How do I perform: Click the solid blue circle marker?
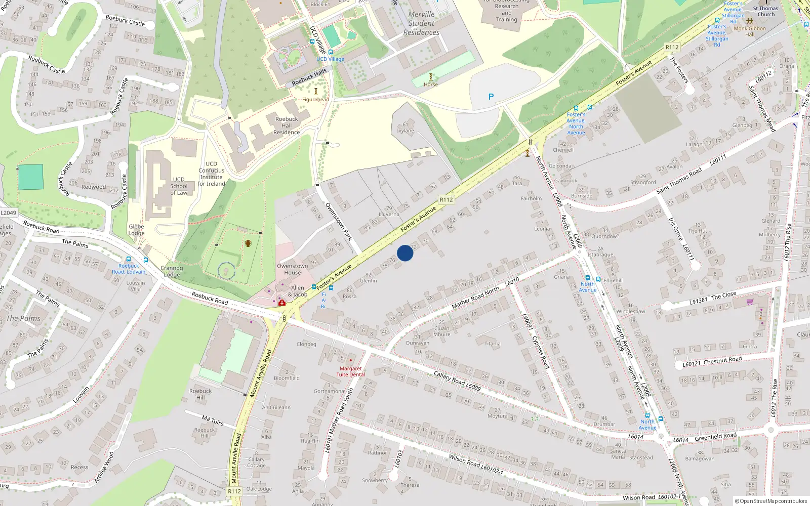click(x=405, y=253)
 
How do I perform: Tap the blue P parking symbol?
click(x=491, y=97)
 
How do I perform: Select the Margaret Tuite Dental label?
click(x=350, y=371)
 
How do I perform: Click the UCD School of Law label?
click(x=179, y=186)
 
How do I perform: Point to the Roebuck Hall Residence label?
click(x=287, y=125)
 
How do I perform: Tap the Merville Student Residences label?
click(x=421, y=23)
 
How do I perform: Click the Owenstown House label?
click(x=292, y=269)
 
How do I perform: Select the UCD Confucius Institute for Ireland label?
click(x=211, y=174)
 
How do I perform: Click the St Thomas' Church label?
click(x=766, y=11)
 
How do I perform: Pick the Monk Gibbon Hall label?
click(x=750, y=31)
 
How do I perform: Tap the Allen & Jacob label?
click(x=298, y=291)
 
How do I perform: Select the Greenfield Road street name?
click(x=715, y=437)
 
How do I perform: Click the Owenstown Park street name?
click(x=339, y=222)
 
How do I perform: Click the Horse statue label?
click(x=431, y=85)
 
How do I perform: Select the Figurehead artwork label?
click(x=315, y=99)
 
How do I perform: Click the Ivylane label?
click(x=406, y=131)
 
